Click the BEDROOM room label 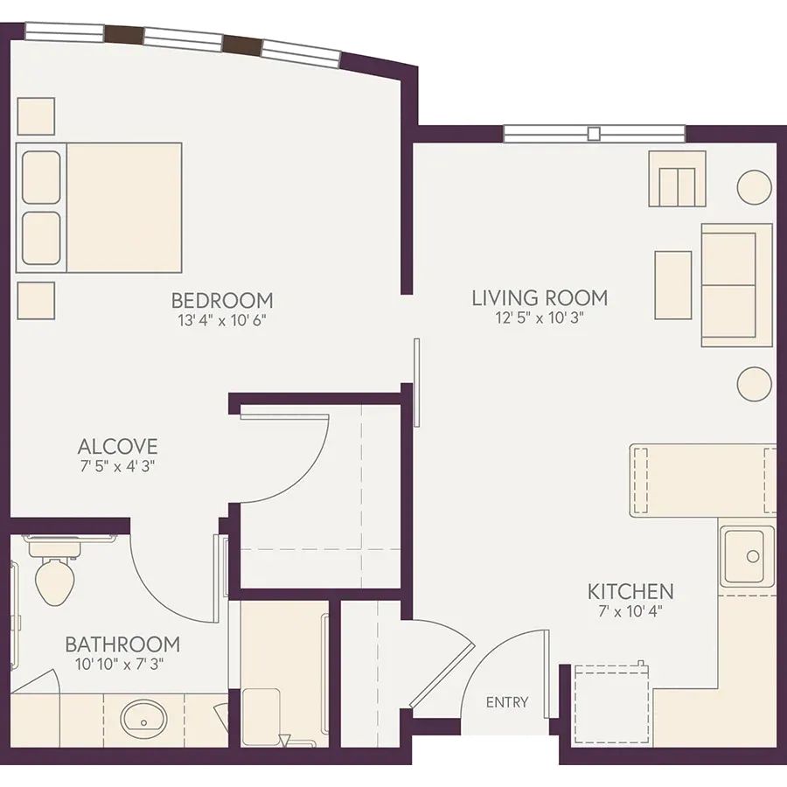[222, 300]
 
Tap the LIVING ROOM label [540, 297]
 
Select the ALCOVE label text [118, 446]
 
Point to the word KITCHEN [630, 591]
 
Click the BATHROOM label [122, 644]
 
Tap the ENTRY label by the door [507, 701]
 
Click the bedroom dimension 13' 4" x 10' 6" [222, 320]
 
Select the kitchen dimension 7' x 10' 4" [630, 611]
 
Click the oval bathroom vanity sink [143, 719]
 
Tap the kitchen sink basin [747, 555]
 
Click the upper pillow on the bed [41, 178]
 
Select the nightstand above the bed [36, 116]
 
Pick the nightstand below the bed [36, 300]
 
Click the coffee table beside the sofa [673, 285]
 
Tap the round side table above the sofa [754, 187]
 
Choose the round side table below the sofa [754, 384]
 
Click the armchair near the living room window [678, 178]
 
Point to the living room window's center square [594, 134]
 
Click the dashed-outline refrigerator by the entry [611, 704]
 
